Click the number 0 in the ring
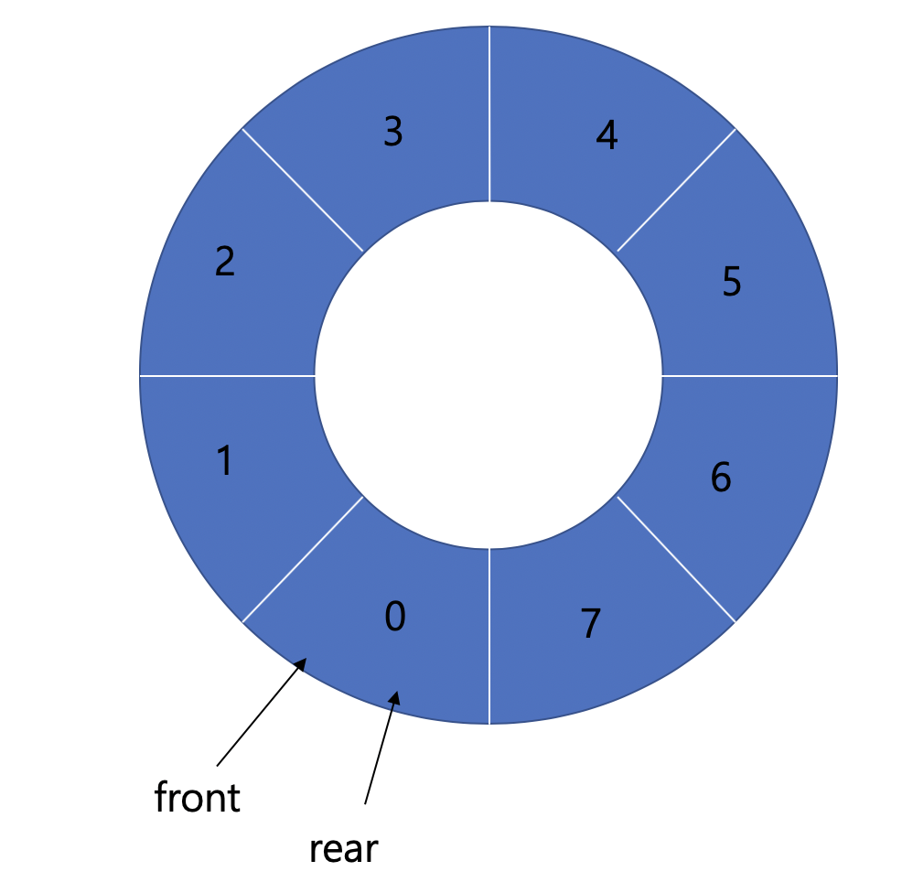pos(394,618)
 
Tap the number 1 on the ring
pos(224,461)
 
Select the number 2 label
pos(224,262)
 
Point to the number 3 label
pos(392,133)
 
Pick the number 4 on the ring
pos(606,135)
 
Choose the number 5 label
pos(731,282)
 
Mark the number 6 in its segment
pos(721,478)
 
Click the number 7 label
pos(591,624)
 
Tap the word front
pos(198,798)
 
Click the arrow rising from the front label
pos(262,712)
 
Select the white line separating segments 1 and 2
pos(227,375)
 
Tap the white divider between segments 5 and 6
pos(749,375)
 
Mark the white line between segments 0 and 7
pos(489,636)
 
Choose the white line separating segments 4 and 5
pos(676,189)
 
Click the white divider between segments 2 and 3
pos(303,189)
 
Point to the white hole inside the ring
pos(489,375)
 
